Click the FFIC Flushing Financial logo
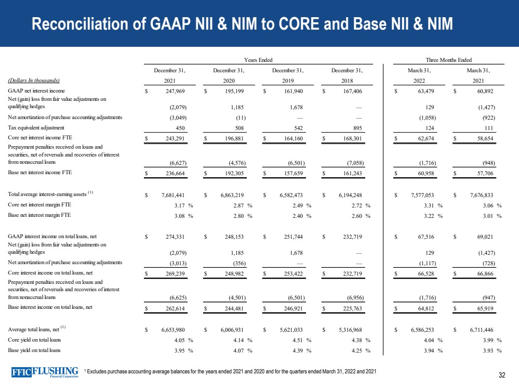tap(45, 373)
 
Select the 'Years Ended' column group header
tap(258, 61)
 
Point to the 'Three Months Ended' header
tap(449, 61)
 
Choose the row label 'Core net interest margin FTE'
tap(39, 205)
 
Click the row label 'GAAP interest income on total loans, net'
tap(52, 237)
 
